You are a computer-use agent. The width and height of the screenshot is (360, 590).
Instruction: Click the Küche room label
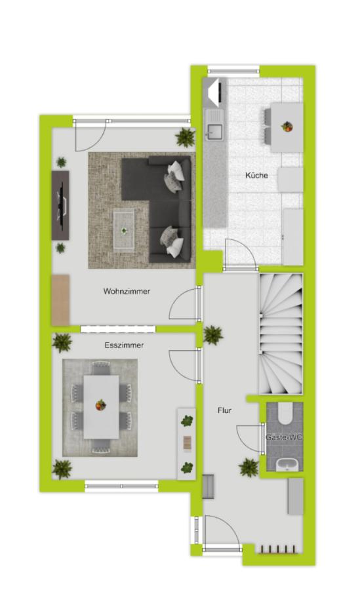(256, 175)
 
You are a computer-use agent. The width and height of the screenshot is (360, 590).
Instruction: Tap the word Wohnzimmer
(127, 291)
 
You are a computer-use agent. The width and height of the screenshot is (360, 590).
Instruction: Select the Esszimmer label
(124, 345)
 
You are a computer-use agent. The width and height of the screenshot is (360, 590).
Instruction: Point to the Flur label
(224, 410)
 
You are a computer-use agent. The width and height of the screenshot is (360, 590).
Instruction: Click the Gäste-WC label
(284, 437)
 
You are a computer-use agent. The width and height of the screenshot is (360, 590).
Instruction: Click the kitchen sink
(214, 132)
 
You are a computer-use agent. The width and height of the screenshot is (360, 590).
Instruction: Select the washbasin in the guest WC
(288, 465)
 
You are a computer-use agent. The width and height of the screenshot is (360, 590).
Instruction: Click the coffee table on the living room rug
(124, 230)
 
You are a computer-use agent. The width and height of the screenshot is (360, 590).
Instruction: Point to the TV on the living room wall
(60, 205)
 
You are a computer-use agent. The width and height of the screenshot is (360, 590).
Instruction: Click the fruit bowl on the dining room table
(100, 405)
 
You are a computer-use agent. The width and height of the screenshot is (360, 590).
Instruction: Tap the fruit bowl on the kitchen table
(287, 127)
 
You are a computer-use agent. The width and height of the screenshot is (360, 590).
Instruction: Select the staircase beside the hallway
(281, 334)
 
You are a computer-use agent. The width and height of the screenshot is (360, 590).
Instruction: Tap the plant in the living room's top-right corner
(186, 137)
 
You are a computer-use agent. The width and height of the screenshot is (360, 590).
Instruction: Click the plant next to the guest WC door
(249, 467)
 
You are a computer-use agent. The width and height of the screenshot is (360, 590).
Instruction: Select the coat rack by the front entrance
(278, 550)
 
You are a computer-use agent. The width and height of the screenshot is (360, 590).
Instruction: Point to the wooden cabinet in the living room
(60, 300)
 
